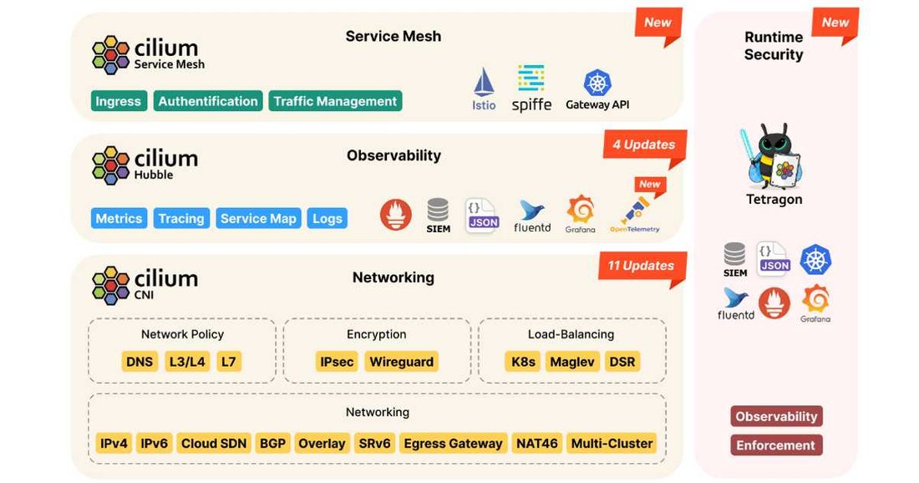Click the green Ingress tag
pyautogui.click(x=119, y=101)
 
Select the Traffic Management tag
pyautogui.click(x=335, y=101)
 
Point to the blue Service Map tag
pyautogui.click(x=258, y=218)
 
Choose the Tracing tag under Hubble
pyautogui.click(x=181, y=218)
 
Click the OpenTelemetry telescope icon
pyautogui.click(x=635, y=210)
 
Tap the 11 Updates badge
pyautogui.click(x=641, y=267)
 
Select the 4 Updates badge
pyautogui.click(x=644, y=145)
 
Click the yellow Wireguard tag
pyautogui.click(x=402, y=362)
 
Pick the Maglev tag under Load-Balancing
pyautogui.click(x=572, y=362)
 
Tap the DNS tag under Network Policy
pyautogui.click(x=140, y=362)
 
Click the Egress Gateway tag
pyautogui.click(x=453, y=443)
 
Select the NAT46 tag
pyautogui.click(x=537, y=443)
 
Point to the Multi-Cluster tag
pyautogui.click(x=612, y=443)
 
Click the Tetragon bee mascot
pyautogui.click(x=774, y=155)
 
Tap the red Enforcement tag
pyautogui.click(x=776, y=445)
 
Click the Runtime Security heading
pyautogui.click(x=774, y=46)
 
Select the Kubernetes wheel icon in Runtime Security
pyautogui.click(x=815, y=259)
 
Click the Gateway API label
pyautogui.click(x=597, y=104)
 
